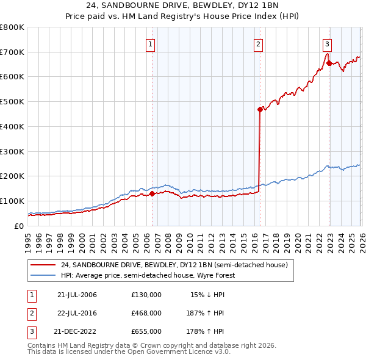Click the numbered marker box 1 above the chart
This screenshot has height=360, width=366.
click(x=150, y=43)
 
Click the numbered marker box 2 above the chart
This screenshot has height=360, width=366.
click(x=258, y=43)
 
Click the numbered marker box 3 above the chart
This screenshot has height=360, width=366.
click(x=327, y=43)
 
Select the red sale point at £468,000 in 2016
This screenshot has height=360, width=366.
click(x=260, y=110)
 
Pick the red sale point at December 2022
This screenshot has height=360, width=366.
click(x=329, y=63)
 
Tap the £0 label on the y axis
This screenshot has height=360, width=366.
click(x=18, y=226)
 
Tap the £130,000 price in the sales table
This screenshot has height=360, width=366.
click(x=146, y=295)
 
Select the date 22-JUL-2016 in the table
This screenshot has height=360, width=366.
click(x=77, y=313)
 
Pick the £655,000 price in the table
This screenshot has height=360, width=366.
click(x=146, y=331)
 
